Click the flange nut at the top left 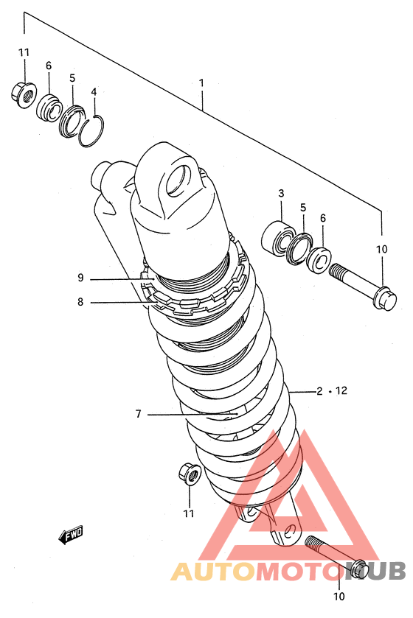tap(24, 94)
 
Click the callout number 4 tap(94, 92)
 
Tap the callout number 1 tap(201, 83)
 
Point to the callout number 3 tap(281, 193)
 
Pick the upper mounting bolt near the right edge tap(363, 286)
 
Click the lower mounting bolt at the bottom tap(337, 555)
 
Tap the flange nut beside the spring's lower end tap(190, 474)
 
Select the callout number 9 tap(80, 278)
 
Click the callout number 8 tap(80, 302)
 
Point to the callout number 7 tap(138, 414)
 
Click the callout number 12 tap(341, 390)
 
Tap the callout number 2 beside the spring tap(319, 391)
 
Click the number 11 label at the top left tap(24, 52)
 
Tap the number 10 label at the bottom tap(339, 596)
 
